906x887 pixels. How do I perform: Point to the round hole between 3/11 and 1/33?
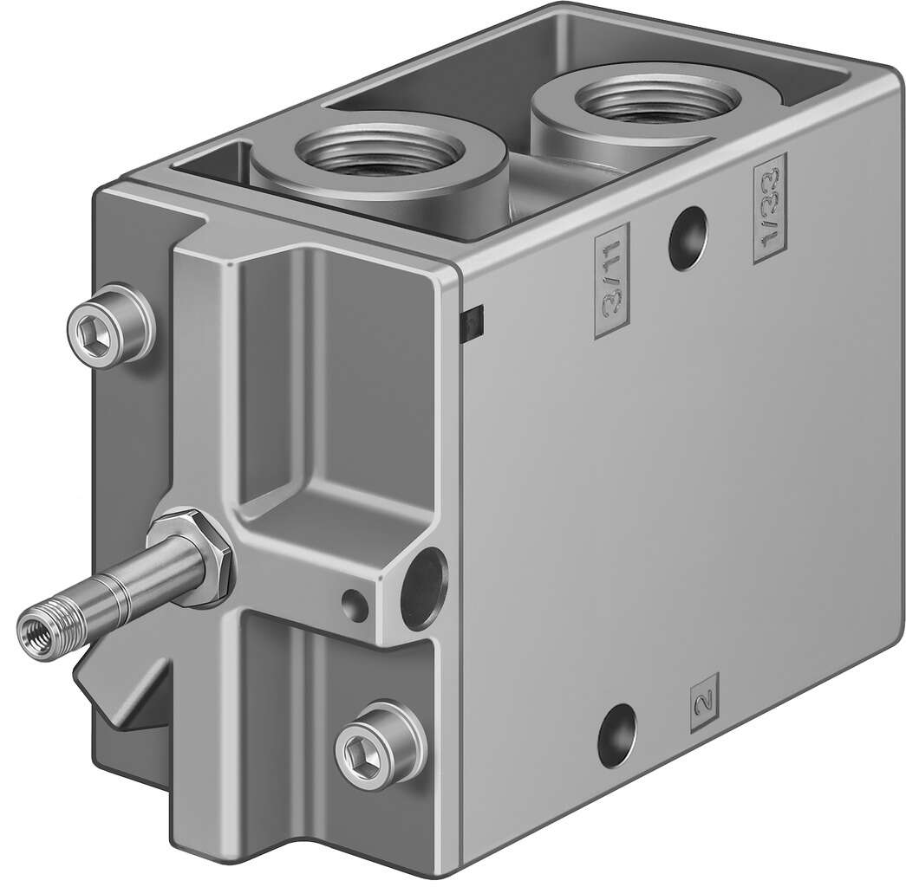click(688, 233)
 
